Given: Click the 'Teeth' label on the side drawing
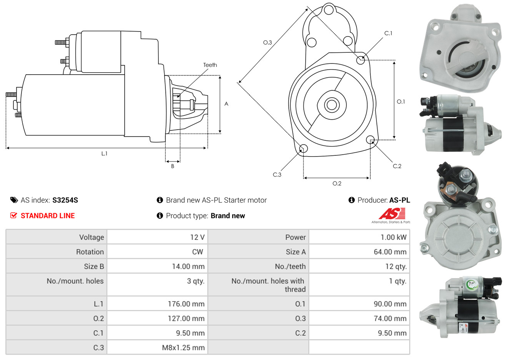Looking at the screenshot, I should tap(210, 65).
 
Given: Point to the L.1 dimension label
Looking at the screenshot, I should tap(104, 153).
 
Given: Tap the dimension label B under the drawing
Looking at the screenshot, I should tap(173, 166).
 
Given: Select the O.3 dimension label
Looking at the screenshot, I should tap(267, 42).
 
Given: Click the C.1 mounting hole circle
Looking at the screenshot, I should tap(361, 60).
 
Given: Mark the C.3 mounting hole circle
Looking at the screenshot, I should tap(303, 149).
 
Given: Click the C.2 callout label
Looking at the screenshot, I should tap(397, 166).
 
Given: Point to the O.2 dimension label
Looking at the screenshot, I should tap(337, 183).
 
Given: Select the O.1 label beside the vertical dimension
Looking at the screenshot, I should tap(401, 102).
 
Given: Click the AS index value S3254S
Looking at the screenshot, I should tap(65, 200).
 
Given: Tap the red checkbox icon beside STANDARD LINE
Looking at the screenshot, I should tap(14, 215).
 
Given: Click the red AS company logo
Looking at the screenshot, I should tap(392, 214).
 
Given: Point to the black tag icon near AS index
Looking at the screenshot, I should tap(14, 200).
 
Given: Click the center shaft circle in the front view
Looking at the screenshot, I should tap(331, 105).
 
